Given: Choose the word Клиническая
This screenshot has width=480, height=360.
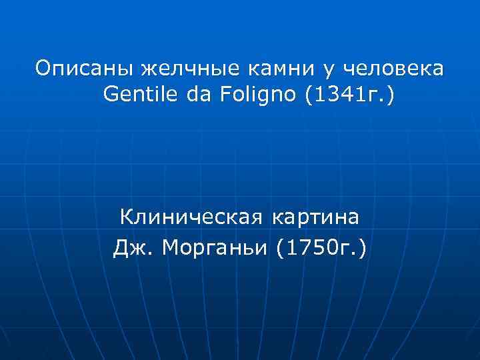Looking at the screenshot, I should point(191,217).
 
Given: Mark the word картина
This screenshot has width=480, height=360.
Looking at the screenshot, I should point(315,218).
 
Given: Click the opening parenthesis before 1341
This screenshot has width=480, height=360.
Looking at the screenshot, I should point(307,97).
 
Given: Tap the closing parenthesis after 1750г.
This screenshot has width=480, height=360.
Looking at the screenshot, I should point(362,247).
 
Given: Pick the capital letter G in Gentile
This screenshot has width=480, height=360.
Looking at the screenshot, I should point(110,97).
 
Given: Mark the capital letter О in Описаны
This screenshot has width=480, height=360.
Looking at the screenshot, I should point(43,69).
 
